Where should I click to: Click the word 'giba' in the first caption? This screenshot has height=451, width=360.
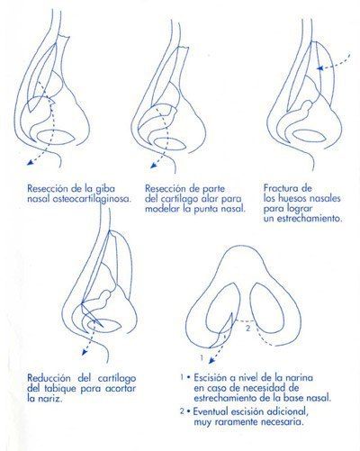click(104, 189)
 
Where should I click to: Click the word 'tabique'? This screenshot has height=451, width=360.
click(62, 388)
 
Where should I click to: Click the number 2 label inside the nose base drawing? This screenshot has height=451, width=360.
click(247, 328)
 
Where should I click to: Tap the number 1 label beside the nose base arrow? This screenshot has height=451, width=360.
click(202, 357)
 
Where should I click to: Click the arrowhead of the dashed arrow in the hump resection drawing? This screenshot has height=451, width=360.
click(30, 162)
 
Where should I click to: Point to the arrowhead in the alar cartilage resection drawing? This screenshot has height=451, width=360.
click(154, 165)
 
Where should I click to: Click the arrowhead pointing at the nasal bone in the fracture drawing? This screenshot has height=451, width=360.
click(320, 68)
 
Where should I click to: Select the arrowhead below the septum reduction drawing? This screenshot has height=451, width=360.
click(85, 352)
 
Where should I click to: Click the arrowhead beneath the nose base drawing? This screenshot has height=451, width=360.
click(211, 360)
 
